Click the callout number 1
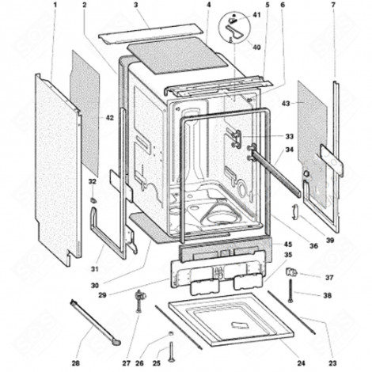[x=55, y=6]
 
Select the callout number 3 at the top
[x=135, y=6]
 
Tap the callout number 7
[x=333, y=6]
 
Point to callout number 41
[x=256, y=16]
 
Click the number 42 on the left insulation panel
[x=108, y=117]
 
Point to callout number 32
[x=93, y=182]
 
